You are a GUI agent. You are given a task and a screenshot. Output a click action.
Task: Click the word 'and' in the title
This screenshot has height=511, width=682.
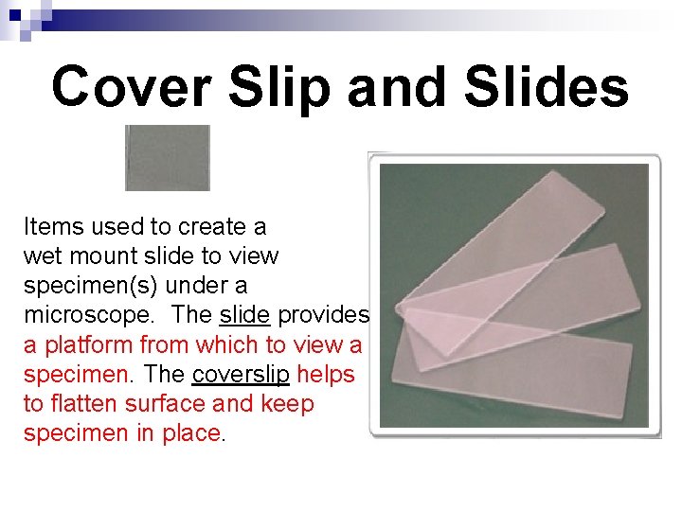[x=397, y=87]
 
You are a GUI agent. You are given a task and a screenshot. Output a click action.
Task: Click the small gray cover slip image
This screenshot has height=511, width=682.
[x=168, y=158]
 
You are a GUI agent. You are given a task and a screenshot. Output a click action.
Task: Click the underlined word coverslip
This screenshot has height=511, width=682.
[x=240, y=374]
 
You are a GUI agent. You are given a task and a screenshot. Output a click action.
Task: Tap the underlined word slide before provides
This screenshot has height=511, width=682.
[x=245, y=315]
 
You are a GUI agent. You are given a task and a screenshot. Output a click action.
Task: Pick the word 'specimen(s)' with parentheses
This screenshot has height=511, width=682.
[x=84, y=286]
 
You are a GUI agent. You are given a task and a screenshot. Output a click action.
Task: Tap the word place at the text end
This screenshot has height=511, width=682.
[x=193, y=433]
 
